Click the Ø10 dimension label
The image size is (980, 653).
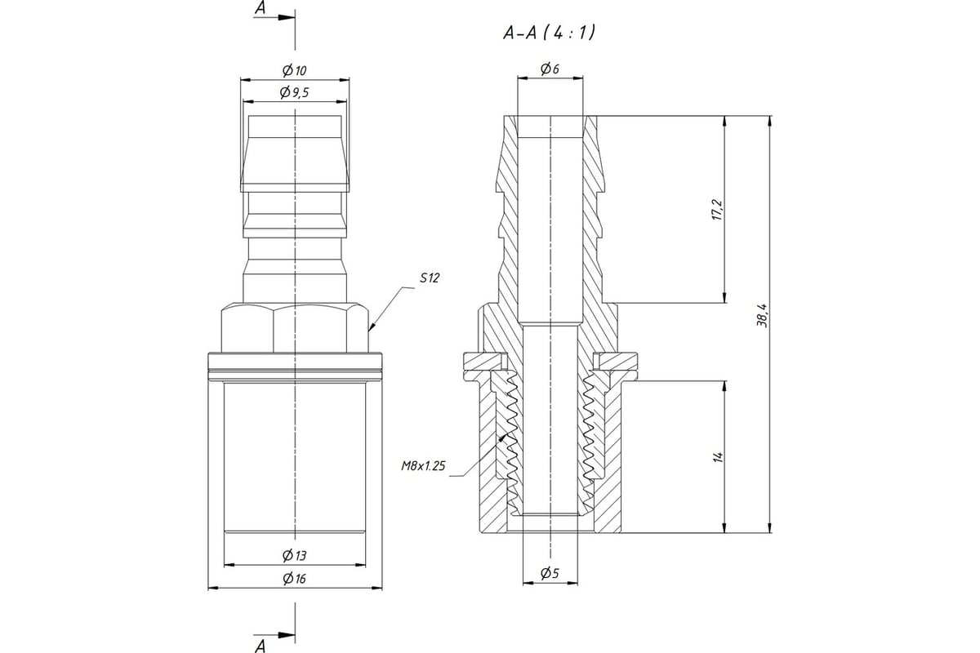click(295, 71)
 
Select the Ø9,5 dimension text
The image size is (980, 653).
click(295, 93)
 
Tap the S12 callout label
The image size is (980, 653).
click(430, 278)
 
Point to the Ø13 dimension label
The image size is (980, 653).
click(295, 556)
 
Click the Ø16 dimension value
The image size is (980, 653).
click(295, 579)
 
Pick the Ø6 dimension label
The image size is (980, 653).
click(550, 70)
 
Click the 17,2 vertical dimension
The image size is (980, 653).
click(717, 210)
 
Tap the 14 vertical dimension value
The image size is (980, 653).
click(718, 457)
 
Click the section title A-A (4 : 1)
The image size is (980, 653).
click(549, 33)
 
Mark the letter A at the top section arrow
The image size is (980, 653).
click(261, 9)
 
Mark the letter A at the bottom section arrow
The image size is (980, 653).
click(261, 646)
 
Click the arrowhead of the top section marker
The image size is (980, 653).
click(285, 17)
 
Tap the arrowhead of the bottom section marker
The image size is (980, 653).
click(285, 633)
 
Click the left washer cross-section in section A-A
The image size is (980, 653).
click(482, 360)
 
